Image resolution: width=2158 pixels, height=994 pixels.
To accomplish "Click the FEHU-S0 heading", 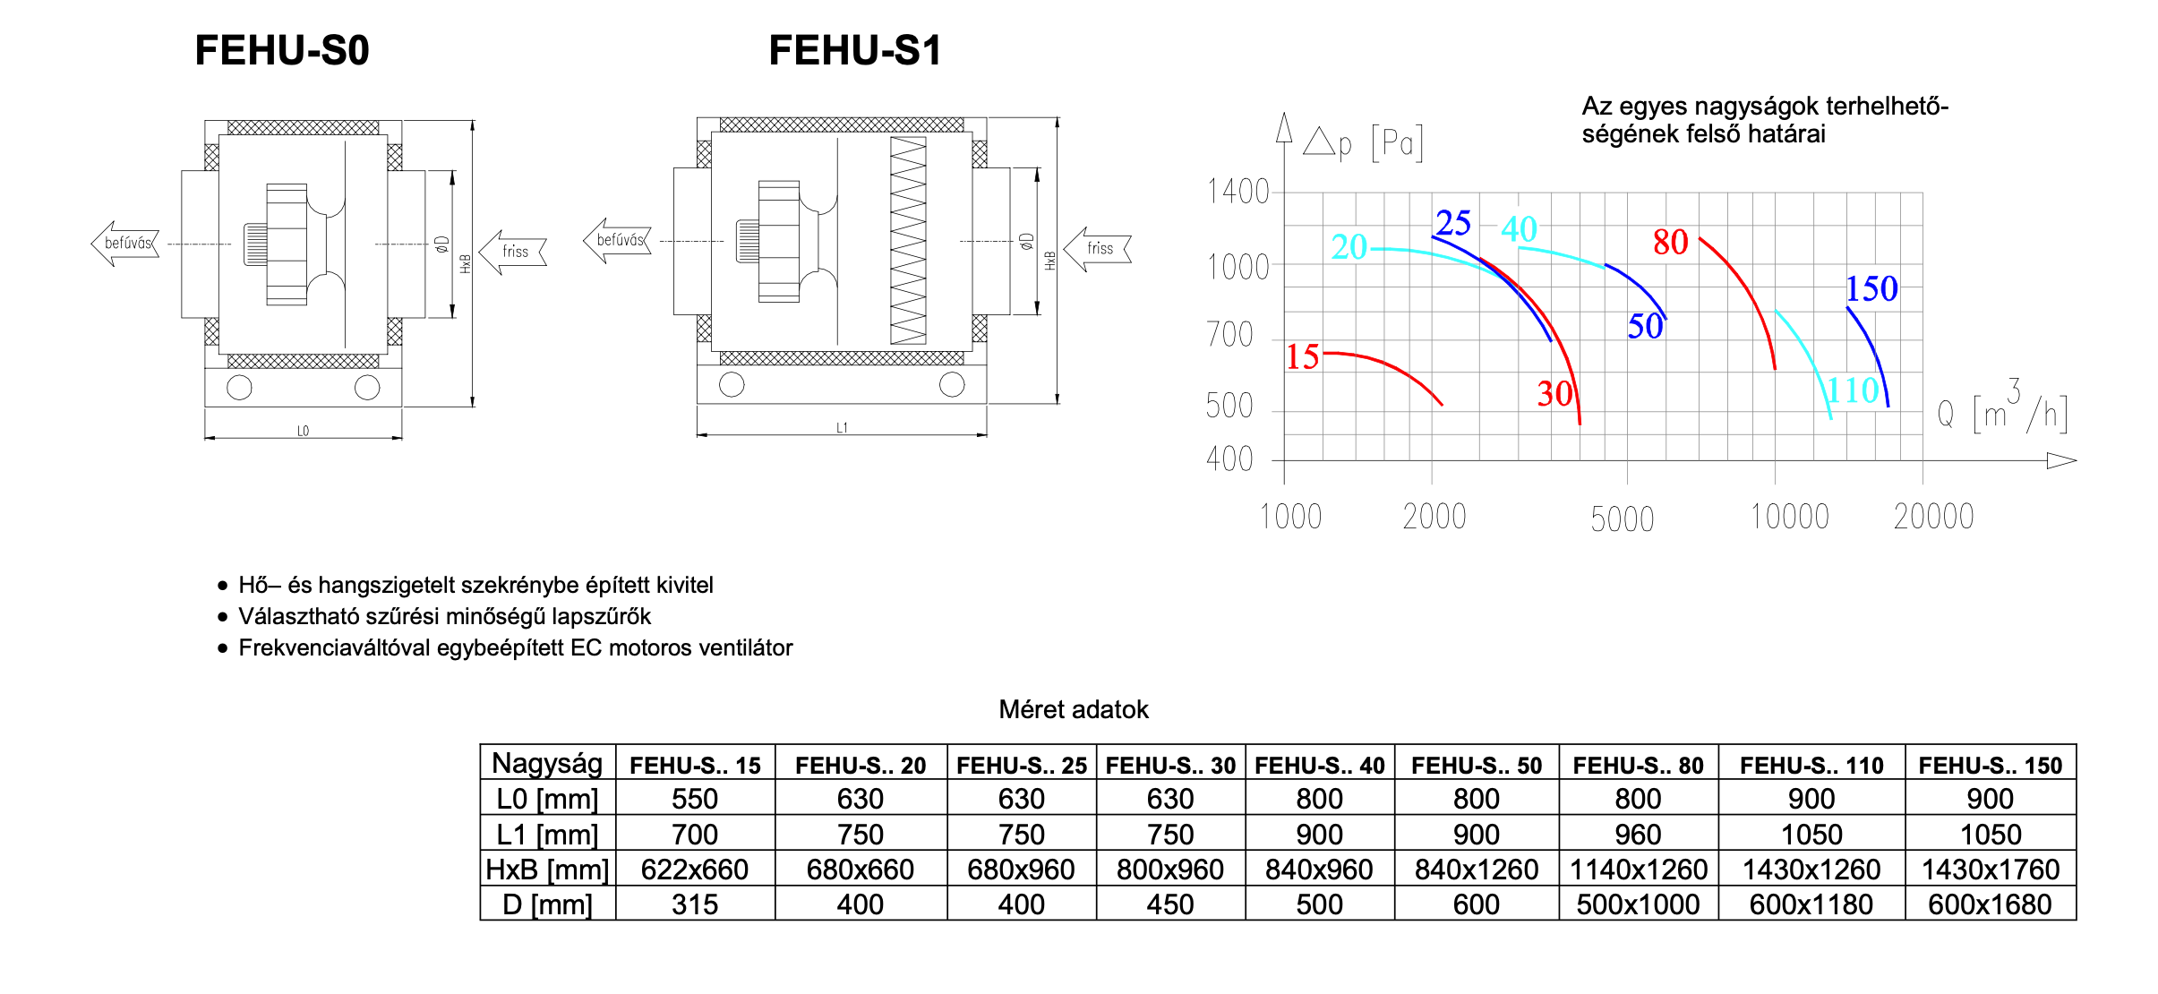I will pos(281,50).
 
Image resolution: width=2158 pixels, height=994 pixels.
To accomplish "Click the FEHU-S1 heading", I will pos(855,50).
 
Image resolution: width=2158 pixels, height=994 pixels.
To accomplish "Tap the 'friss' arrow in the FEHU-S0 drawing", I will pos(513,252).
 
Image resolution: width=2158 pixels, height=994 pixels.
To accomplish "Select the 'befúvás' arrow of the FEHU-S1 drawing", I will pos(618,240).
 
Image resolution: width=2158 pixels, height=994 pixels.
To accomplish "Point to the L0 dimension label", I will pos(303,431).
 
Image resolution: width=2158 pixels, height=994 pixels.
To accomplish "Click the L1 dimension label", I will pos(842,428).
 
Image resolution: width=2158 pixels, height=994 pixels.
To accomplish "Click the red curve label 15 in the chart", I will pos(1303,357).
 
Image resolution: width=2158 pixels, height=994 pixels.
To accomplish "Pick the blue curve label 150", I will pos(1871,288).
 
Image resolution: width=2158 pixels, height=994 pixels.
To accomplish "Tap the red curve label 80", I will pos(1670,242).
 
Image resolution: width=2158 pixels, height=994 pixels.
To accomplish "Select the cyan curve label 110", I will pos(1854,390).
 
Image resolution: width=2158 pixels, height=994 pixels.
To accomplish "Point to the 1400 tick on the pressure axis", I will pos(1238,192).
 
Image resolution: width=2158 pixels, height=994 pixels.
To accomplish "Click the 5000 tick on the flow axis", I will pos(1622,518).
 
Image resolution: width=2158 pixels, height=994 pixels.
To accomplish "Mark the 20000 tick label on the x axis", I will pos(1933,517).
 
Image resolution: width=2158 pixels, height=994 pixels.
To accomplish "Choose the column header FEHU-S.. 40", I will pos(1319,766).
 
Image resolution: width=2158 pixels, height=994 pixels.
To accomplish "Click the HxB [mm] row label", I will pos(547,870).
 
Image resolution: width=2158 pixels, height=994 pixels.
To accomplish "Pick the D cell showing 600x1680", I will pos(1990,904).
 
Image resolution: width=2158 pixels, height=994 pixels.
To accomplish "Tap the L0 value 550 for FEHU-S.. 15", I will pos(695,799).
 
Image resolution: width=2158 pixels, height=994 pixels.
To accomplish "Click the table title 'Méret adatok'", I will pos(1073,709).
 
